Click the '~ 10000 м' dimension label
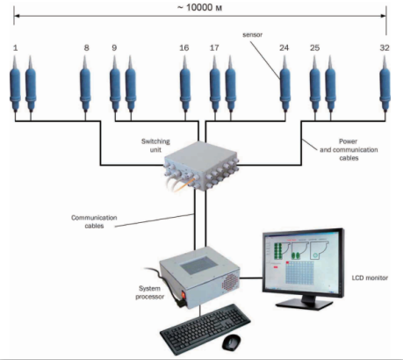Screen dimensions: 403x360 point(199,7)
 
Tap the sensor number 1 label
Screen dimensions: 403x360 point(15,47)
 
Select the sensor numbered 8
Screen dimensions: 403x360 point(85,83)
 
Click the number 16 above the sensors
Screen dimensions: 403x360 point(184,47)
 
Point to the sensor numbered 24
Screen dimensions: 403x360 point(285,83)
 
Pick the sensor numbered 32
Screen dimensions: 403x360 point(385,83)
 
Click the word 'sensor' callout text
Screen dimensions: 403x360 point(252,34)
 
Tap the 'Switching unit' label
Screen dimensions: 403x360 point(155,145)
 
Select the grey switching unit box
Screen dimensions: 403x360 point(202,166)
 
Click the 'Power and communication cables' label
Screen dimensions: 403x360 point(349,149)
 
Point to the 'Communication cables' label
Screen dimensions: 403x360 point(94,221)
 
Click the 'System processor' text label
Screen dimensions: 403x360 point(149,292)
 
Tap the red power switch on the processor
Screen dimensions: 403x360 point(184,295)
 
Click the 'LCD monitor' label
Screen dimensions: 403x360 point(370,277)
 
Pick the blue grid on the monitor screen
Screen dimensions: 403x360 point(299,272)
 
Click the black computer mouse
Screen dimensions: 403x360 point(232,342)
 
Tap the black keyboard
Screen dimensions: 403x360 point(205,328)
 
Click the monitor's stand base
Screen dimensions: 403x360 point(305,305)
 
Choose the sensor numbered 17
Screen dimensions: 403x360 point(215,83)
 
